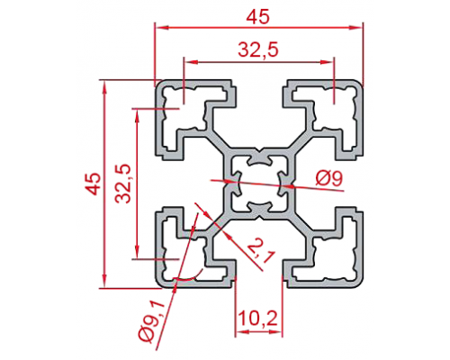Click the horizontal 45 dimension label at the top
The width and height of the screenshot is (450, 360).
[258, 17]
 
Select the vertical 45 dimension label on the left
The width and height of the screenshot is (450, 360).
[93, 184]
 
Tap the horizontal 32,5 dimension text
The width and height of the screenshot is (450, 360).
[258, 50]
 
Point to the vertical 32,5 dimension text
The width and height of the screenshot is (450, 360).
[123, 184]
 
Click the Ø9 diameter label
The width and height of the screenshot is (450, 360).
[329, 179]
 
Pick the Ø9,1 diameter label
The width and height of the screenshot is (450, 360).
[152, 321]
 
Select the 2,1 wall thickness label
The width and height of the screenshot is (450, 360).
[260, 251]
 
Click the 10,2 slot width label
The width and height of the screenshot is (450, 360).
[258, 319]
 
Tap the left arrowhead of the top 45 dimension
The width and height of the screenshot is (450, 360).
[161, 28]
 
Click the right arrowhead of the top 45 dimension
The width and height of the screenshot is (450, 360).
[355, 28]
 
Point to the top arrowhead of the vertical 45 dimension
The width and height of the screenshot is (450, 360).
[104, 87]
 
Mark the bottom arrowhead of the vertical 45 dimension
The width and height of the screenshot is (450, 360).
[104, 281]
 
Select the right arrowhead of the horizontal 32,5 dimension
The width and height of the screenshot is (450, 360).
[327, 62]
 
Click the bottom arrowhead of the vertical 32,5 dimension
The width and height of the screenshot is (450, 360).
[137, 252]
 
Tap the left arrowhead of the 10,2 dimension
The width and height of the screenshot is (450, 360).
[242, 332]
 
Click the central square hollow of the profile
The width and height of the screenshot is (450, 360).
[258, 184]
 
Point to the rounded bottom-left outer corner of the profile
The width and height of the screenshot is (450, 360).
[160, 283]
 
